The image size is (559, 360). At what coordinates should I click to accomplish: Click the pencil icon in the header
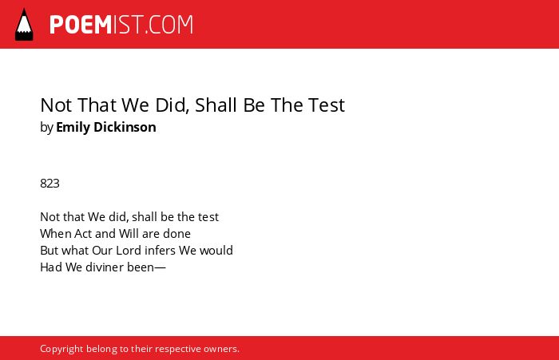(24, 24)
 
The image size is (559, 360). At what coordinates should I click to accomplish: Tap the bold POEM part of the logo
(81, 25)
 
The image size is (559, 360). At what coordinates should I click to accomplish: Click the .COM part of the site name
(168, 25)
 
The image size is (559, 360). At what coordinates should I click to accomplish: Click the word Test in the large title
(327, 105)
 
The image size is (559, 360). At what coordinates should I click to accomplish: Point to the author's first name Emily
(73, 128)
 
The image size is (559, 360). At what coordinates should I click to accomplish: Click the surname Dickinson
(125, 127)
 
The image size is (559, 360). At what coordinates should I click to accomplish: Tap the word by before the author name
(46, 128)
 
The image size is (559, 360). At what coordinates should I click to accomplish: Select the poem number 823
(50, 184)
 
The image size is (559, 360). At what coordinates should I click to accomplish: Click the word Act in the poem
(83, 234)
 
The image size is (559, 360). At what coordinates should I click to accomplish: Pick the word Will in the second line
(129, 234)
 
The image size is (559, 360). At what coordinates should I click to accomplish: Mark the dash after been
(160, 268)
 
